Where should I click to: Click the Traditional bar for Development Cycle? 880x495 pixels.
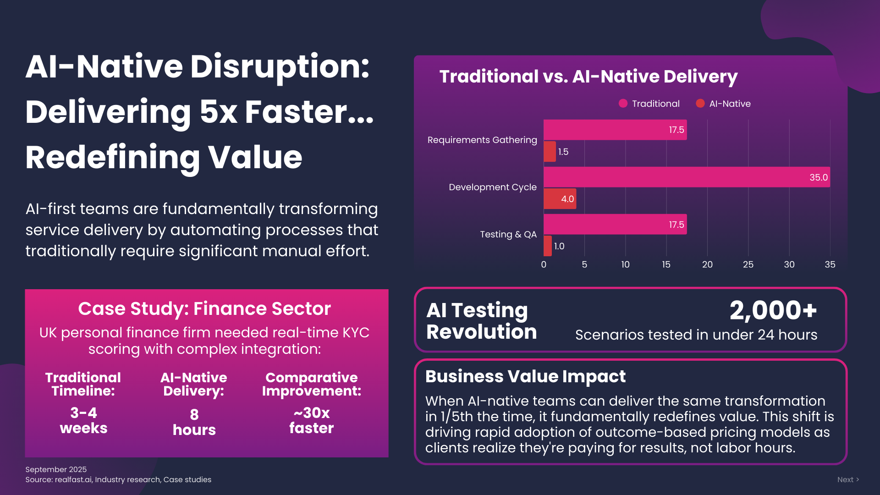tap(687, 177)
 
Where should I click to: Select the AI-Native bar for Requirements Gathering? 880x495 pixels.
tap(550, 151)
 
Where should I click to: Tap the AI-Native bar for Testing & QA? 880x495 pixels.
tap(548, 246)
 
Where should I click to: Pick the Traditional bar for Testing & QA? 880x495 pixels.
tap(615, 224)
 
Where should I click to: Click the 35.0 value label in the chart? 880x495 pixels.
tap(819, 177)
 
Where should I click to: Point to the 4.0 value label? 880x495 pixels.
tap(567, 199)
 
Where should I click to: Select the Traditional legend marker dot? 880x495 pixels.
tap(623, 104)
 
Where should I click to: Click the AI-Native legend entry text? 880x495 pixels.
tap(730, 104)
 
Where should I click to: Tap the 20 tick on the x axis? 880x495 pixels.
tap(707, 264)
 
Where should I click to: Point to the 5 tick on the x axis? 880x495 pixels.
tap(584, 264)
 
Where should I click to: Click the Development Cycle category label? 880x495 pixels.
tap(493, 187)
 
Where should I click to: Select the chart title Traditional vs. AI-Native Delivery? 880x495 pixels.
tap(588, 76)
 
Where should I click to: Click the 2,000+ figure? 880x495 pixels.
tap(773, 310)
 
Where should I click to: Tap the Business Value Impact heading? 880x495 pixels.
tap(525, 376)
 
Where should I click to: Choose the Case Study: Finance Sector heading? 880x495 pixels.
tap(204, 308)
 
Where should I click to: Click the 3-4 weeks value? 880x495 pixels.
tap(83, 420)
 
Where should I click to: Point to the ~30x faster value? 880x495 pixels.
tap(312, 420)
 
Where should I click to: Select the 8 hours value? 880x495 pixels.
tap(194, 422)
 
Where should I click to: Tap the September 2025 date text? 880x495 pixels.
tap(56, 469)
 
